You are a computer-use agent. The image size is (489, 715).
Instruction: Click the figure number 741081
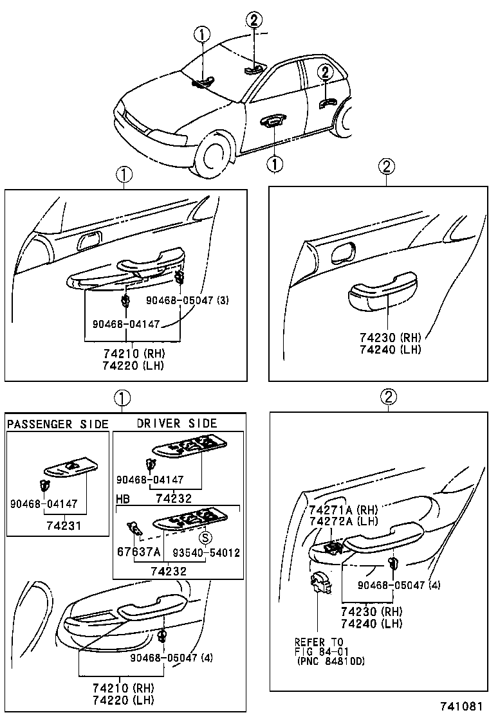click(461, 706)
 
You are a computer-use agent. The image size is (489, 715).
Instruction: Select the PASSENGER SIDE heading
click(57, 424)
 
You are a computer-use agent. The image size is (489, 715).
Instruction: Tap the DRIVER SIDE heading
click(177, 423)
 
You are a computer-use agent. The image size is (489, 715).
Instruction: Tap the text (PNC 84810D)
click(331, 661)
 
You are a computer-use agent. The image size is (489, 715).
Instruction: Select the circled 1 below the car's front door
click(275, 165)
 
